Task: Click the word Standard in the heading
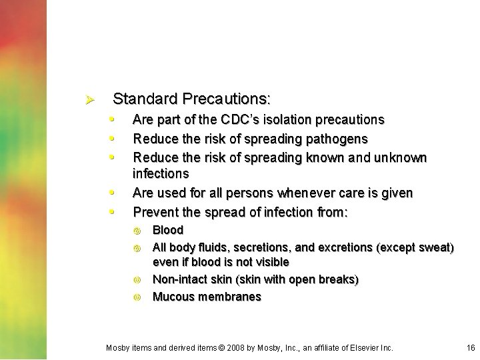pyautogui.click(x=140, y=99)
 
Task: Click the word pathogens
pyautogui.click(x=333, y=139)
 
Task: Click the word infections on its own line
pyautogui.click(x=161, y=174)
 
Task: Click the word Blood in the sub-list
pyautogui.click(x=168, y=230)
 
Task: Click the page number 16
pyautogui.click(x=471, y=348)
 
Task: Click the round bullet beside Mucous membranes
pyautogui.click(x=137, y=297)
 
